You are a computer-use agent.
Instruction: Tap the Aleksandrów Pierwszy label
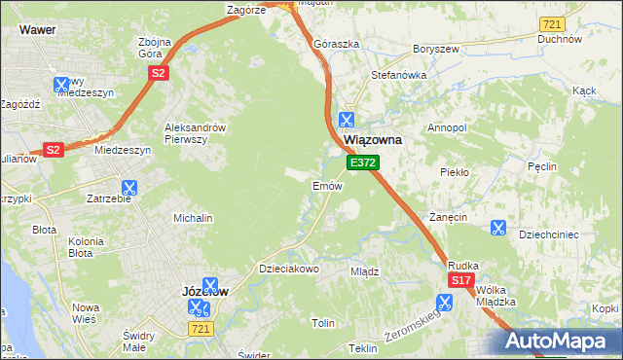(195, 133)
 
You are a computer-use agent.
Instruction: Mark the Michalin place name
(193, 219)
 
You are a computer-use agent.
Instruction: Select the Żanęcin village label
(450, 217)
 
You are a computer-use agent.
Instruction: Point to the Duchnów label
(559, 40)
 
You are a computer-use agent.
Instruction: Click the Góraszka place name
(337, 45)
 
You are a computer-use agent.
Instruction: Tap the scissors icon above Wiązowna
(345, 120)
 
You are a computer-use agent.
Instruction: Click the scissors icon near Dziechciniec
(497, 228)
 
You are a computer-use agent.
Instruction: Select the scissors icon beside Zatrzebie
(129, 188)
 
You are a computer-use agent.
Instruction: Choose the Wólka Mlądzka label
(495, 296)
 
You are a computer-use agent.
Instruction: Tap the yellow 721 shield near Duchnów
(552, 23)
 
